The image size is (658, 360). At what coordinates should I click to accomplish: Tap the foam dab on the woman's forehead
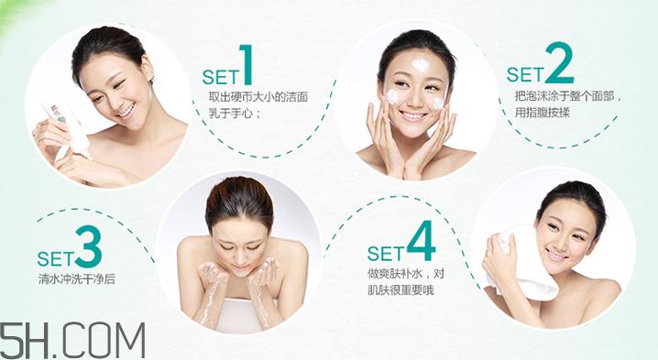421,65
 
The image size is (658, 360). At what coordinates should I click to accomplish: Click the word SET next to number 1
221,74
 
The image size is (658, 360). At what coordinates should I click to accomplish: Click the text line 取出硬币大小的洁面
259,96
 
